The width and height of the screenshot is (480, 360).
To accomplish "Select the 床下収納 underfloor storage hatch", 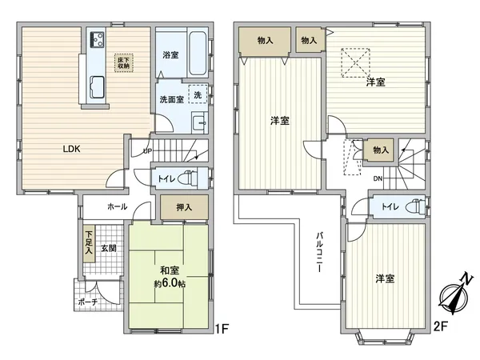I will (x=124, y=62).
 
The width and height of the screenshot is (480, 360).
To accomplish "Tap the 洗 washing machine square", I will (x=197, y=94).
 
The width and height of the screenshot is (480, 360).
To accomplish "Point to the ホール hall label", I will (x=118, y=206).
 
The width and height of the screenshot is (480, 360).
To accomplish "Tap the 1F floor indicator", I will (x=224, y=328).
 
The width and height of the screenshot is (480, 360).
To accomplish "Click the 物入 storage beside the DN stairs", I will (x=380, y=150).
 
